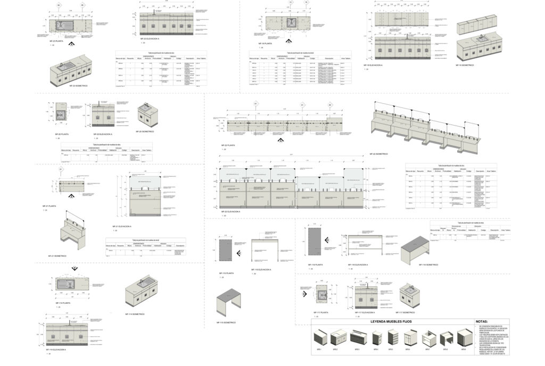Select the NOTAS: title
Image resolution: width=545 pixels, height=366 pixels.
(x=481, y=322)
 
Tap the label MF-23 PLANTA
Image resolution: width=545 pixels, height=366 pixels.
(x=56, y=40)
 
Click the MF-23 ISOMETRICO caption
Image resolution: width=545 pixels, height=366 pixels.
(x=78, y=85)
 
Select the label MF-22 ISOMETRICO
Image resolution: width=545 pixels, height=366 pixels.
(x=379, y=154)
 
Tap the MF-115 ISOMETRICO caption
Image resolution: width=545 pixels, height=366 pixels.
(x=226, y=322)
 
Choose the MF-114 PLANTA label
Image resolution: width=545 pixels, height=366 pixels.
(x=63, y=303)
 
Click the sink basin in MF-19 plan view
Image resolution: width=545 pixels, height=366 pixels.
(x=291, y=23)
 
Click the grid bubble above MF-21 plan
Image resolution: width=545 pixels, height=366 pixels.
(x=61, y=170)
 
